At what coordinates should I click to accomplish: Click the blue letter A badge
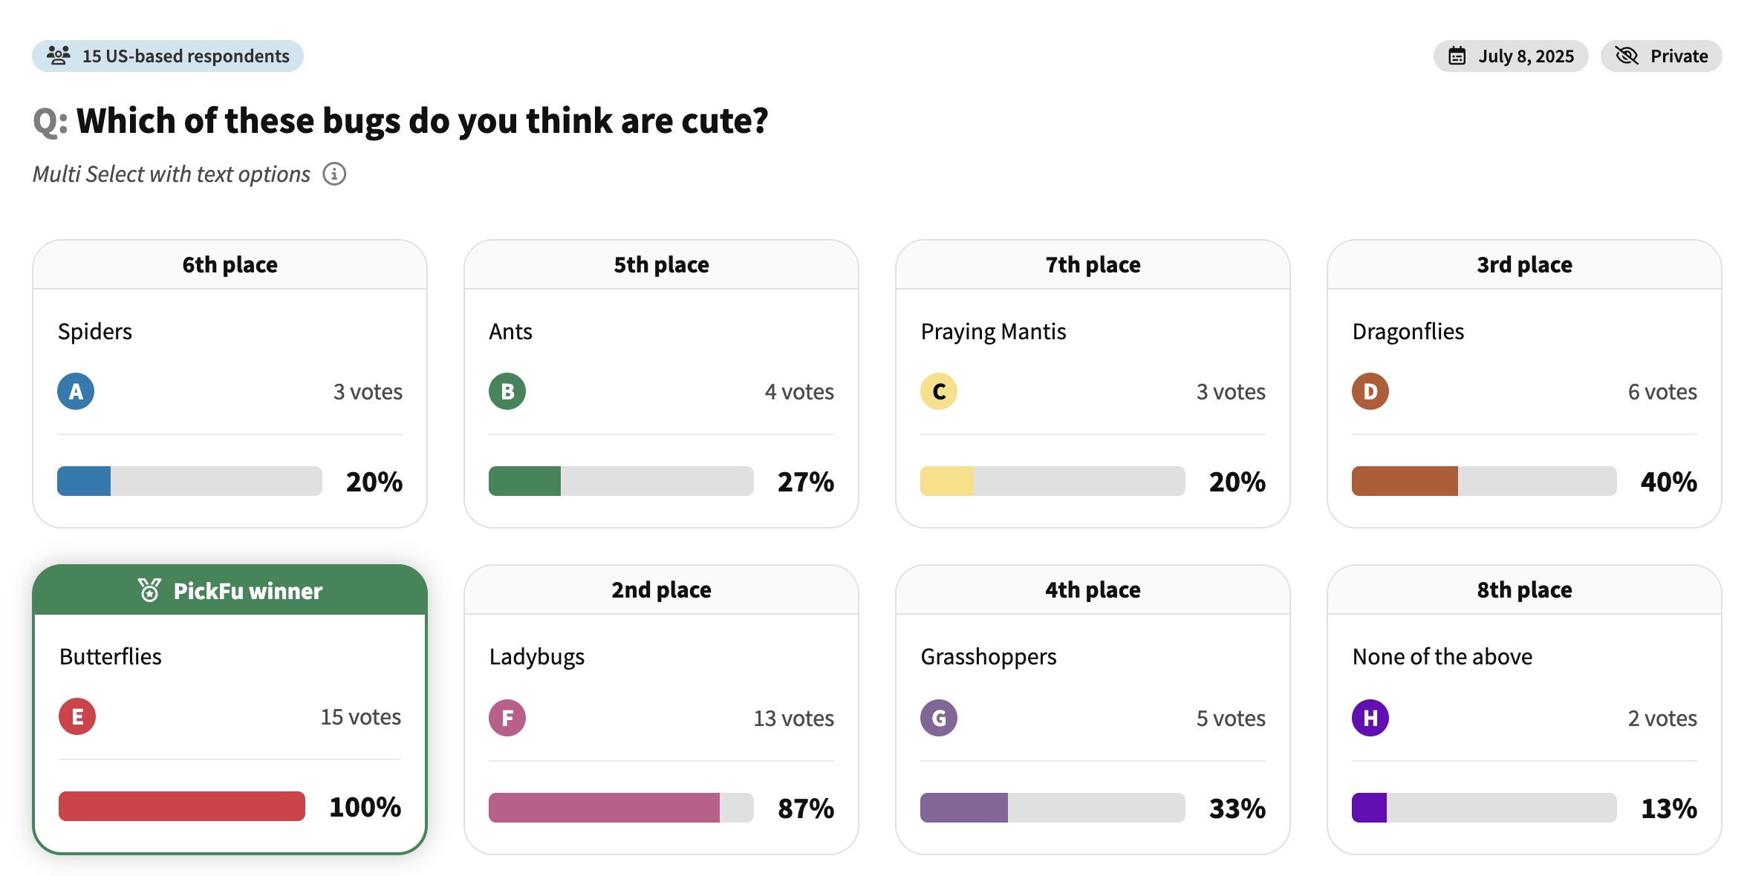click(76, 391)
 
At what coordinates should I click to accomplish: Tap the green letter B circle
click(507, 391)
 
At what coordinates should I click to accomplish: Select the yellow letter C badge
click(939, 391)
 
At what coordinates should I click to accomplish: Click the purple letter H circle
click(1370, 718)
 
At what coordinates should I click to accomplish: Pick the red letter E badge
click(77, 716)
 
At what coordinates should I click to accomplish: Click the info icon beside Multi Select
click(334, 174)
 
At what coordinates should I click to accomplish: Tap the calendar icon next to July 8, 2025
click(1457, 56)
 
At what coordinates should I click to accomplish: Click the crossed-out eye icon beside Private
click(1627, 56)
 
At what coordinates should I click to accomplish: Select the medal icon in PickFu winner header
click(149, 590)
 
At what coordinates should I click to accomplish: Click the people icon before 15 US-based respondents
click(59, 55)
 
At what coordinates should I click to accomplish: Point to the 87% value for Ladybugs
click(806, 808)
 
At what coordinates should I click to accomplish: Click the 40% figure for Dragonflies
click(1669, 482)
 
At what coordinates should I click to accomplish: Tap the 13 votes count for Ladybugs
click(794, 718)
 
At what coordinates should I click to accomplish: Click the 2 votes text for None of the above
click(1662, 718)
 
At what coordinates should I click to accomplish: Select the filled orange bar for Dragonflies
click(1405, 481)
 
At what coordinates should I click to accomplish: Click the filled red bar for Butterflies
click(182, 806)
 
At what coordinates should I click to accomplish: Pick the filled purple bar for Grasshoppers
click(964, 808)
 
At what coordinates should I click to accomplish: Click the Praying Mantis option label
click(993, 332)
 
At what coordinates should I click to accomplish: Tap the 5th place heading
click(661, 264)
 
